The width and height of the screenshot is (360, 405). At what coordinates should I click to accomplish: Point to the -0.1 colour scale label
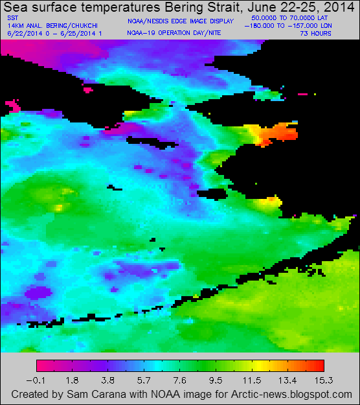[x=38, y=380]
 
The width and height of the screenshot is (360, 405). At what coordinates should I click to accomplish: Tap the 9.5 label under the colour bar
[x=215, y=380]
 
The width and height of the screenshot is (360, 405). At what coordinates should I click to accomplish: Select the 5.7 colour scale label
[x=144, y=380]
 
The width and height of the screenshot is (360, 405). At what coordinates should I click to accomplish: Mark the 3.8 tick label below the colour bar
[x=108, y=380]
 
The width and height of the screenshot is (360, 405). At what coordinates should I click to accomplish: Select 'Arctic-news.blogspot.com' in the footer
[x=295, y=394]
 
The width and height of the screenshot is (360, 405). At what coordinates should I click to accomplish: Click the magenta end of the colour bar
[x=41, y=365]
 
